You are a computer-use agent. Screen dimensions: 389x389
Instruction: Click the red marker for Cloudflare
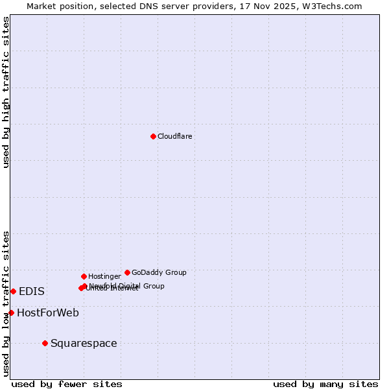point(153,136)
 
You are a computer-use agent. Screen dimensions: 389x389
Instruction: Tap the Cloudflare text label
point(174,136)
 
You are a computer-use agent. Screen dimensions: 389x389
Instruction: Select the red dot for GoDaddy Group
point(127,272)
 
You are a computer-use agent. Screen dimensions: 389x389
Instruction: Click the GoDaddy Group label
point(159,272)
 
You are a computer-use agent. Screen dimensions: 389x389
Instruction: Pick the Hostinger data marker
point(84,276)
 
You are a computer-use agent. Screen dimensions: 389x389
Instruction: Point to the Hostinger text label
point(104,277)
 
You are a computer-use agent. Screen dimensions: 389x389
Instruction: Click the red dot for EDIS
point(13,291)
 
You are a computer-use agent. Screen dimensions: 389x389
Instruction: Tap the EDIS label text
point(32,292)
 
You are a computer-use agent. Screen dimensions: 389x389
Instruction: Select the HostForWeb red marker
point(11,312)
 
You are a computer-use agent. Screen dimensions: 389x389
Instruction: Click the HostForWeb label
point(48,313)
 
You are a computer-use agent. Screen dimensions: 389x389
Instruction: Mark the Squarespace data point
point(45,343)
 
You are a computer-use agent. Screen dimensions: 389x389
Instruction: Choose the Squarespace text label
point(84,344)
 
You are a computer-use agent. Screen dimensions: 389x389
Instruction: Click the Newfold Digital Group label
point(127,285)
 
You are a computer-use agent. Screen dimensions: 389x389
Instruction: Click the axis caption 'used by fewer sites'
point(67,384)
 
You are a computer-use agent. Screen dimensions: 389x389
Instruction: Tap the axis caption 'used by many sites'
point(325,384)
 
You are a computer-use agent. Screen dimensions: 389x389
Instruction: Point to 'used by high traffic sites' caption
point(6,92)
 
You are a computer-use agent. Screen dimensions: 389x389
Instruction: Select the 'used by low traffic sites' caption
point(6,303)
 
